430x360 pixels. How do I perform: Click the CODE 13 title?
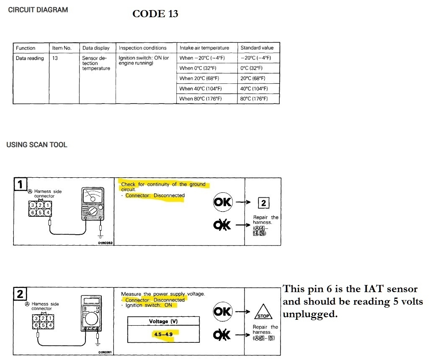[x=155, y=14]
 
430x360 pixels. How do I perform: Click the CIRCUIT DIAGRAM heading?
[x=38, y=10]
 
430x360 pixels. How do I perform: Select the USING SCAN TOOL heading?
[x=37, y=145]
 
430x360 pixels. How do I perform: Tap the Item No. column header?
[x=62, y=48]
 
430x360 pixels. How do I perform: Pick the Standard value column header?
[x=257, y=48]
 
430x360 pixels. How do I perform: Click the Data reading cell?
[x=30, y=58]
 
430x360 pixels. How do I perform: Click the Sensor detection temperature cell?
[x=96, y=63]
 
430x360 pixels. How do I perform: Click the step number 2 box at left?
[x=20, y=294]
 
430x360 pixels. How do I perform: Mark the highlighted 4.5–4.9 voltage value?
[x=163, y=334]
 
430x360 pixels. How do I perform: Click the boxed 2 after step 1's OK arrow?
[x=263, y=203]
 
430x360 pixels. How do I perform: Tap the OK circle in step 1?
[x=223, y=202]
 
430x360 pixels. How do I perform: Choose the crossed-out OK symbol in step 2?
[x=223, y=334]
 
